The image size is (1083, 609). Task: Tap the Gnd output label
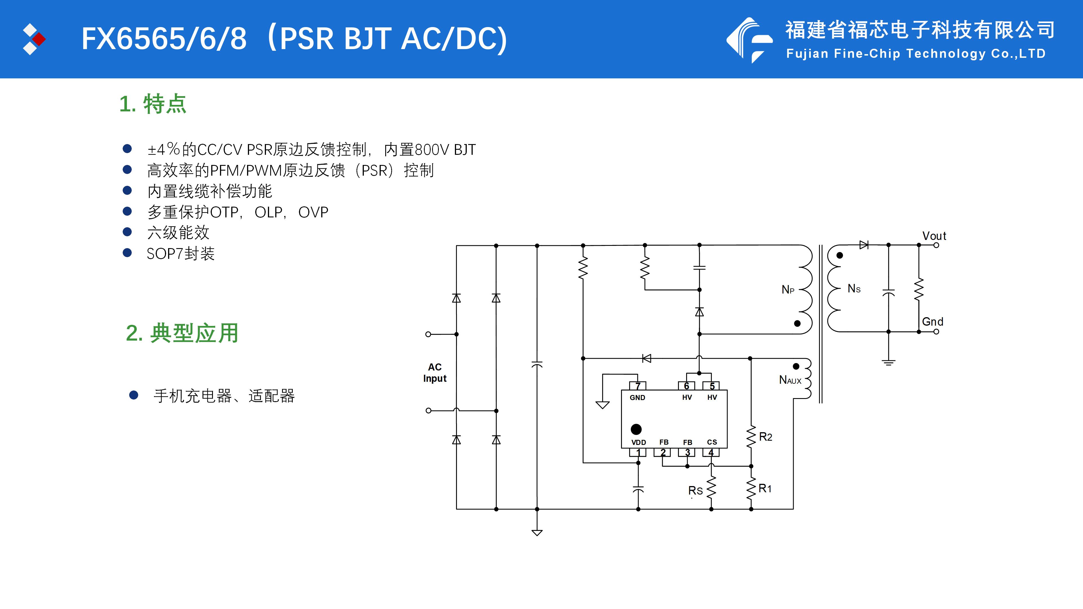pos(932,322)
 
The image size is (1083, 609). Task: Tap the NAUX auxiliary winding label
pos(790,380)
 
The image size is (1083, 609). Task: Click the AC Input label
pos(435,373)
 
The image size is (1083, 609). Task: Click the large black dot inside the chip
pos(636,429)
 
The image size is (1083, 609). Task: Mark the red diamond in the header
pos(39,39)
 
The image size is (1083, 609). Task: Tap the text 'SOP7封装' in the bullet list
pos(181,253)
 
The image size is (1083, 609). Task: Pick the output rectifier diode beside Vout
pos(864,245)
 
